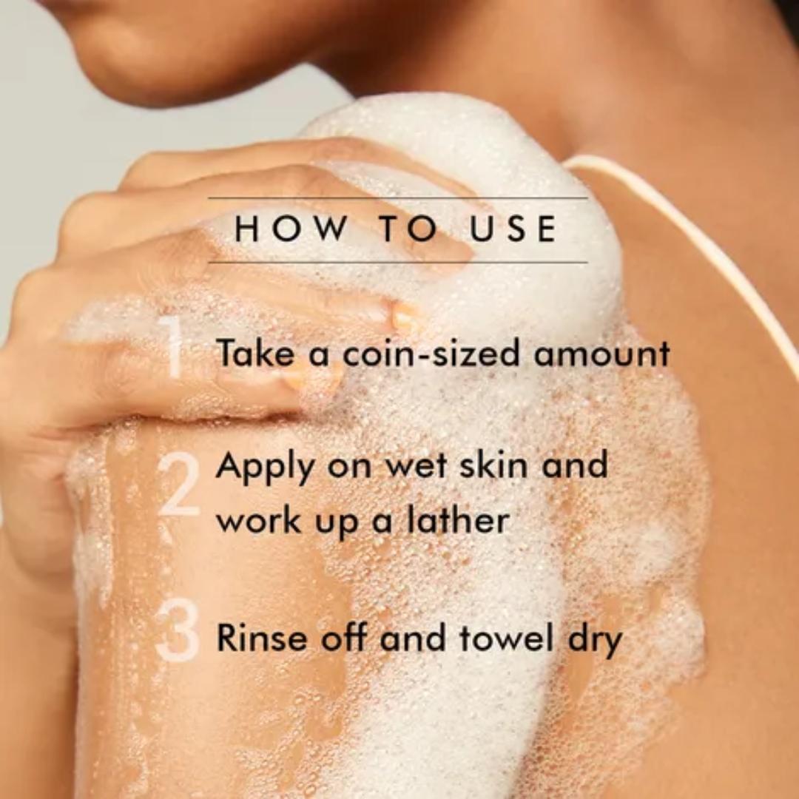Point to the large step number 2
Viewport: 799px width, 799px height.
[178, 484]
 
